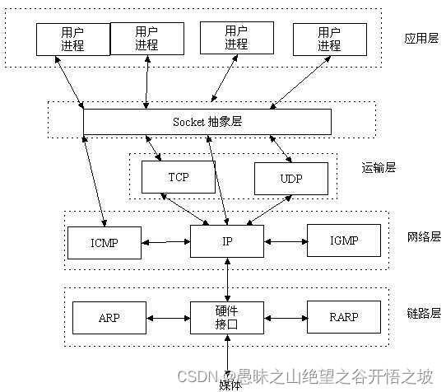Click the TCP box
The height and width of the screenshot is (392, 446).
click(179, 177)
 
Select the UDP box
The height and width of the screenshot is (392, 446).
click(290, 177)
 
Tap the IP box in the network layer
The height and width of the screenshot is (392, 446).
click(227, 240)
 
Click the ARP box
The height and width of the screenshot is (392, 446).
click(109, 315)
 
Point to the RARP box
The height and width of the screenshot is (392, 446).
click(344, 315)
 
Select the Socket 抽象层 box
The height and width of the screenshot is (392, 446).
click(207, 122)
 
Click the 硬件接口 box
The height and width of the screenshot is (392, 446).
click(227, 315)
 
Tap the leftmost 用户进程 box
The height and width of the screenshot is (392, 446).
click(72, 39)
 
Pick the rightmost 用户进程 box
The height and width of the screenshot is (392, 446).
click(328, 39)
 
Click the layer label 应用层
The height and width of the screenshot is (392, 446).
click(420, 39)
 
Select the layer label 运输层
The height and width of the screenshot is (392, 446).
click(379, 167)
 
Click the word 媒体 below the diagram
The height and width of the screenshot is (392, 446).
click(231, 384)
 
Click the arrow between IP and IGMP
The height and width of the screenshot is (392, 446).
click(286, 242)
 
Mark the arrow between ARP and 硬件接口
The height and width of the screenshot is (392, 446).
click(169, 316)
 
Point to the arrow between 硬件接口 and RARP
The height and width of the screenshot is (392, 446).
click(286, 316)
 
